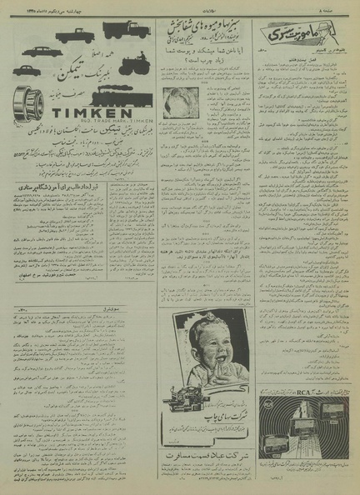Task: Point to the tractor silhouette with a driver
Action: (x=133, y=63)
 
